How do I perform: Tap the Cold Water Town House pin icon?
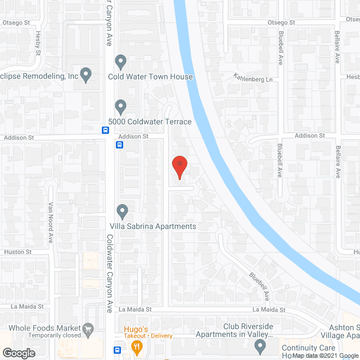click(x=120, y=61)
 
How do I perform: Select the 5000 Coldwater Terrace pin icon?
click(x=120, y=106)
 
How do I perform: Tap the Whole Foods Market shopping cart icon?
click(x=88, y=328)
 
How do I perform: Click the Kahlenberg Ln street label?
click(x=253, y=79)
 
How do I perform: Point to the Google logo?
click(x=18, y=353)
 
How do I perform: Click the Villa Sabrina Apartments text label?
click(x=152, y=226)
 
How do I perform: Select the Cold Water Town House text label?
click(x=150, y=76)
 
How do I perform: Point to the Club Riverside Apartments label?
click(x=234, y=330)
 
